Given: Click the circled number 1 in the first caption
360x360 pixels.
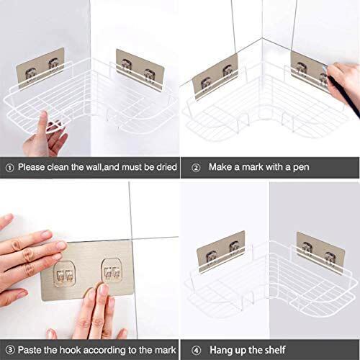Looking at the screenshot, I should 8,167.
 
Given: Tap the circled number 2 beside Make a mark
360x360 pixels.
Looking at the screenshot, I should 194,167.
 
